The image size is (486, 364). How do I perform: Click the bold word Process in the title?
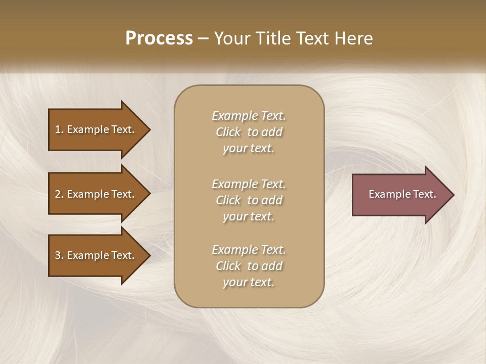click(159, 38)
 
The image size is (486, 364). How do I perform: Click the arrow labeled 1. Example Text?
click(96, 129)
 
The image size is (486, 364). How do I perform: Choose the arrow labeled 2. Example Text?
click(96, 194)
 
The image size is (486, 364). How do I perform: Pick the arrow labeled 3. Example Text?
click(96, 256)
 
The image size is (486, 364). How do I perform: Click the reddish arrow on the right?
click(400, 195)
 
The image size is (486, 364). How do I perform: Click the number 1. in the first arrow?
click(59, 129)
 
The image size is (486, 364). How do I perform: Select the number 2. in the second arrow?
click(59, 194)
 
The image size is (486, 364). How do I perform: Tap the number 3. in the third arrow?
click(59, 256)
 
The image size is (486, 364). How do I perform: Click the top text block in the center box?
click(249, 132)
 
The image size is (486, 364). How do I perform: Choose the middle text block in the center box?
click(249, 200)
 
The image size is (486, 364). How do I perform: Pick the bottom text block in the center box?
click(249, 266)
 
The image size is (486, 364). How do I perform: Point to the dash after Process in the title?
click(203, 38)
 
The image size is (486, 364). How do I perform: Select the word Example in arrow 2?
click(88, 194)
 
